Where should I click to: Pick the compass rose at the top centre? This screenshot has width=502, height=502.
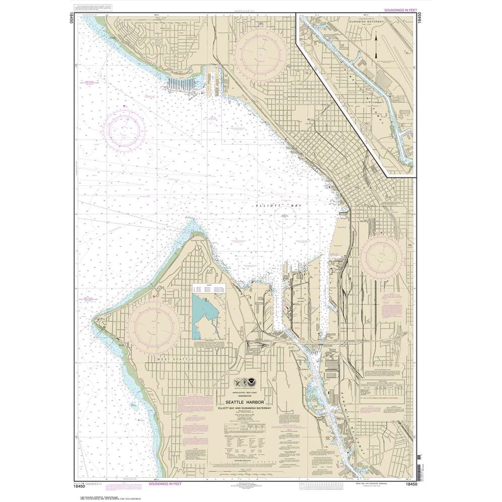259,48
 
